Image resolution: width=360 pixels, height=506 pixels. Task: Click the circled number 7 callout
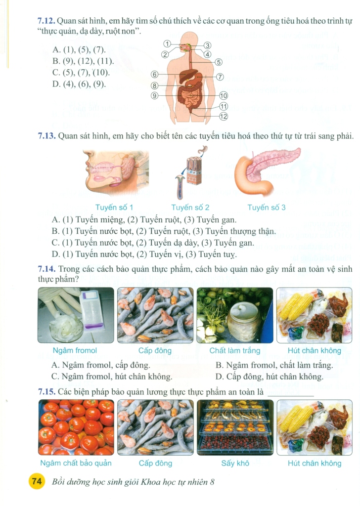point(220,77)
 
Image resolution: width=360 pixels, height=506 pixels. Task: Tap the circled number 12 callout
point(224,117)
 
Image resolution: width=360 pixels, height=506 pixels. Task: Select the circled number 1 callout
point(167,43)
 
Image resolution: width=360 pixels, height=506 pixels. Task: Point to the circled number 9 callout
point(155,95)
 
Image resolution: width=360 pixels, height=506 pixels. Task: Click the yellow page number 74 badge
point(37,482)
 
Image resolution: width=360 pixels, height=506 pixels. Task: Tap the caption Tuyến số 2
point(190,207)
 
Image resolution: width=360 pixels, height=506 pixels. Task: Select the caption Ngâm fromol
point(75,350)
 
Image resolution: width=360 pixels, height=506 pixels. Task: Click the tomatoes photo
point(76,427)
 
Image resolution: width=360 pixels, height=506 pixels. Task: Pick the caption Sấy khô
point(235,464)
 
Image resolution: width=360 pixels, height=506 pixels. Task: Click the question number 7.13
point(47,136)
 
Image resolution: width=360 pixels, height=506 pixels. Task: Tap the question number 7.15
point(47,392)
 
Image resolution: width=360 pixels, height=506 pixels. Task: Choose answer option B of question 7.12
point(83,61)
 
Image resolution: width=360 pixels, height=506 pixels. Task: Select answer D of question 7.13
point(144,254)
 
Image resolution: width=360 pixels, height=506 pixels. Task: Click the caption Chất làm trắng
point(235,350)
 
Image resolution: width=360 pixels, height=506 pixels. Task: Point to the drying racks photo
point(235,427)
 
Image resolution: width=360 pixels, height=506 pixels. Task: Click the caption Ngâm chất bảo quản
point(76,464)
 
